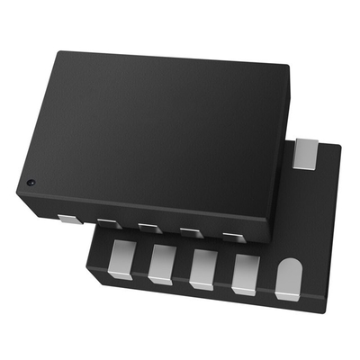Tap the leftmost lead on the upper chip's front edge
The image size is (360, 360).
point(68,218)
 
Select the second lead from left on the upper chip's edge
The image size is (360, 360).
point(107,222)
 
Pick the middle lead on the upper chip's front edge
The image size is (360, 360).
point(148,228)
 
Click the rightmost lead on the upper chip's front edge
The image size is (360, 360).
point(233,238)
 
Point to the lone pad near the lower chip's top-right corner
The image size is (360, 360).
point(306,151)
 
